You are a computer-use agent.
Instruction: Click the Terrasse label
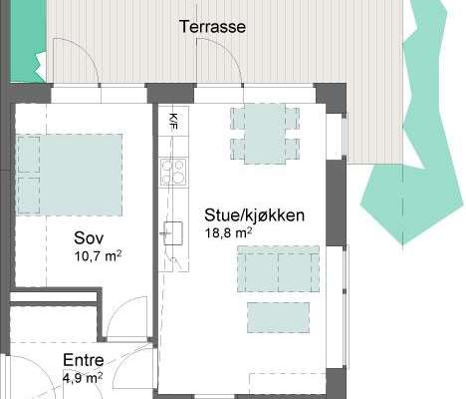[212, 26]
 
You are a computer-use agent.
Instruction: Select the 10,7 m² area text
[98, 256]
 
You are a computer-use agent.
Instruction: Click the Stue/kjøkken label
[254, 215]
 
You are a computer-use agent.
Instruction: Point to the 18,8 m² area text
[228, 232]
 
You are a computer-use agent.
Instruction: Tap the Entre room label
[84, 360]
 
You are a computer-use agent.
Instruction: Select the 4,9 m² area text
[83, 378]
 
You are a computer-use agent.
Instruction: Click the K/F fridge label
[173, 122]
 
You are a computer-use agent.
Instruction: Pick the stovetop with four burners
[173, 172]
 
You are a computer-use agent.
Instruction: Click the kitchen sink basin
[173, 233]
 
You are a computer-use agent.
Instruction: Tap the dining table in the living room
[265, 134]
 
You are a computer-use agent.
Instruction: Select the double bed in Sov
[69, 175]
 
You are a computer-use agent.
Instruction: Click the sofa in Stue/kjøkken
[278, 269]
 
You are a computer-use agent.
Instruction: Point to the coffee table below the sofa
[278, 317]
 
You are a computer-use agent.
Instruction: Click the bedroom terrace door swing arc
[87, 52]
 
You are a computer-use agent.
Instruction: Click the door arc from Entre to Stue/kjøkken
[123, 360]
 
